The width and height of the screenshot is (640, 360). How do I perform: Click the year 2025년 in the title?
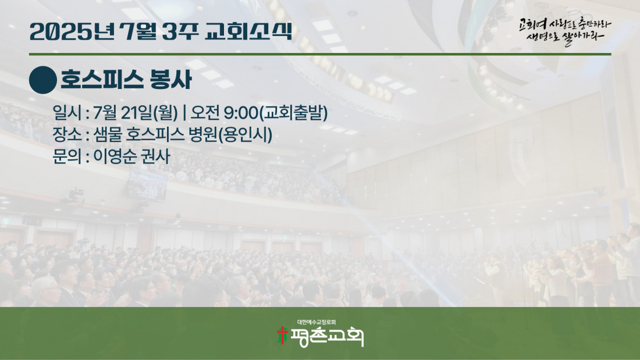pyautogui.click(x=72, y=31)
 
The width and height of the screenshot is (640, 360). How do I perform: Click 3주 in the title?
pyautogui.click(x=180, y=31)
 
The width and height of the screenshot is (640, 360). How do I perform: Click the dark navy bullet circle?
pyautogui.click(x=43, y=80)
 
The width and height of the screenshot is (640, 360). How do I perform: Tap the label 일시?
pyautogui.click(x=67, y=113)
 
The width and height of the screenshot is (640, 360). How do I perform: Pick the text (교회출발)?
pyautogui.click(x=293, y=113)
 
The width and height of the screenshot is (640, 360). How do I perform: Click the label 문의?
pyautogui.click(x=67, y=156)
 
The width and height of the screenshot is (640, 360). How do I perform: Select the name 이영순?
pyautogui.click(x=115, y=156)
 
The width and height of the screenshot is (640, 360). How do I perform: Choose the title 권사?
pyautogui.click(x=155, y=156)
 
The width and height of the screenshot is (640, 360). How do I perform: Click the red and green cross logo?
pyautogui.click(x=282, y=336)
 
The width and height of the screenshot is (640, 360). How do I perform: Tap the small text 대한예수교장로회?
pyautogui.click(x=317, y=322)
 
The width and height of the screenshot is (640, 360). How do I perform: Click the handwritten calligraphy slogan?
pyautogui.click(x=565, y=31)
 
